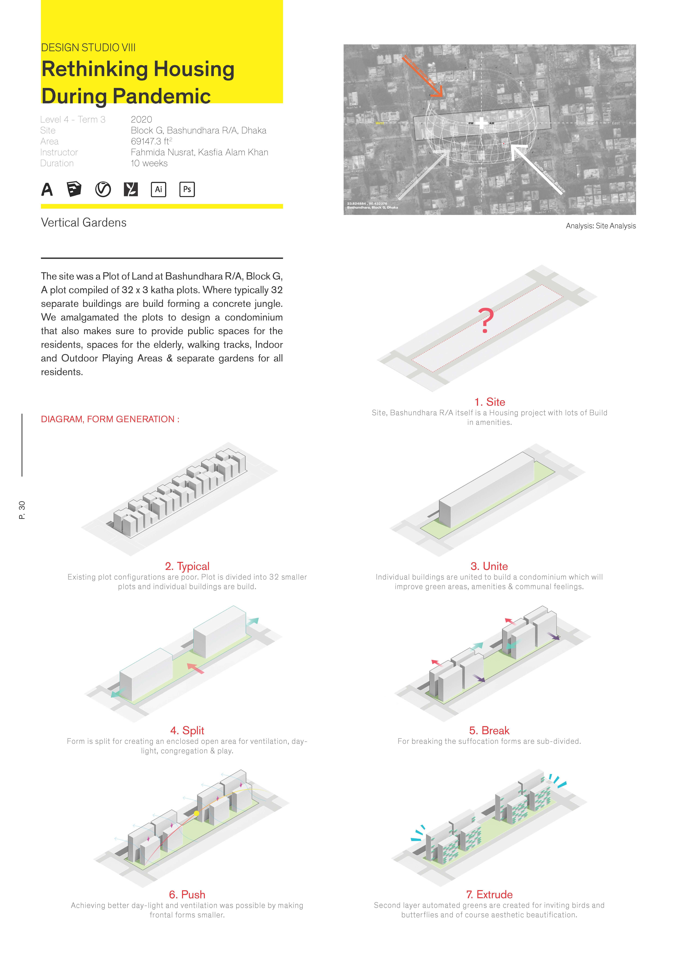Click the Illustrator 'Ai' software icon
click(159, 189)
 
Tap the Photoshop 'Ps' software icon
click(187, 189)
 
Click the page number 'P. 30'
click(22, 510)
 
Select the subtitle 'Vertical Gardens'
click(83, 222)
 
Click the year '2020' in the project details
click(141, 120)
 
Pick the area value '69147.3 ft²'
click(151, 141)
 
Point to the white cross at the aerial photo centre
click(482, 123)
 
